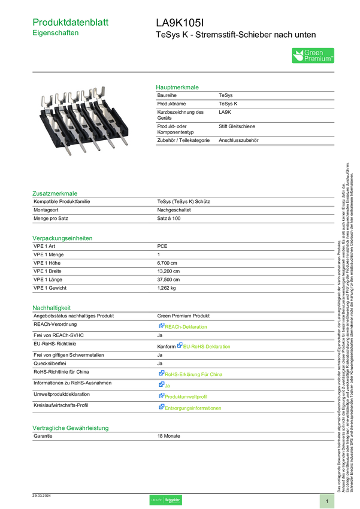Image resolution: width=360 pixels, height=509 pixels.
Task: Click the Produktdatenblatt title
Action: click(71, 22)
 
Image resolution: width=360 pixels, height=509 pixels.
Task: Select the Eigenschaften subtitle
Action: click(56, 34)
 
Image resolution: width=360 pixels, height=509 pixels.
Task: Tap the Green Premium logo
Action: click(313, 56)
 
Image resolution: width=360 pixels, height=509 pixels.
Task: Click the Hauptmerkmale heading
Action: click(177, 87)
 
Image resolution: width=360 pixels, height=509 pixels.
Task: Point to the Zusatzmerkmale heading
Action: click(55, 193)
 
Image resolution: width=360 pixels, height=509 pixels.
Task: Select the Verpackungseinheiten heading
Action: click(62, 238)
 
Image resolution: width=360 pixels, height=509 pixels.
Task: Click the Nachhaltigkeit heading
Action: click(52, 308)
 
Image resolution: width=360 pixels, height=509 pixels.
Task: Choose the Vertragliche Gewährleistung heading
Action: click(70, 428)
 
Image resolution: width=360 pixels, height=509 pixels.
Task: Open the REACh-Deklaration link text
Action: click(187, 327)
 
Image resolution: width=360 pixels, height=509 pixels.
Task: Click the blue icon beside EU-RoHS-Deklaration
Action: click(179, 345)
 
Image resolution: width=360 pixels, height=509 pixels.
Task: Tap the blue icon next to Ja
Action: click(161, 384)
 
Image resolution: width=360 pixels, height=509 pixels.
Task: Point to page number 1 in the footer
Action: click(327, 501)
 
